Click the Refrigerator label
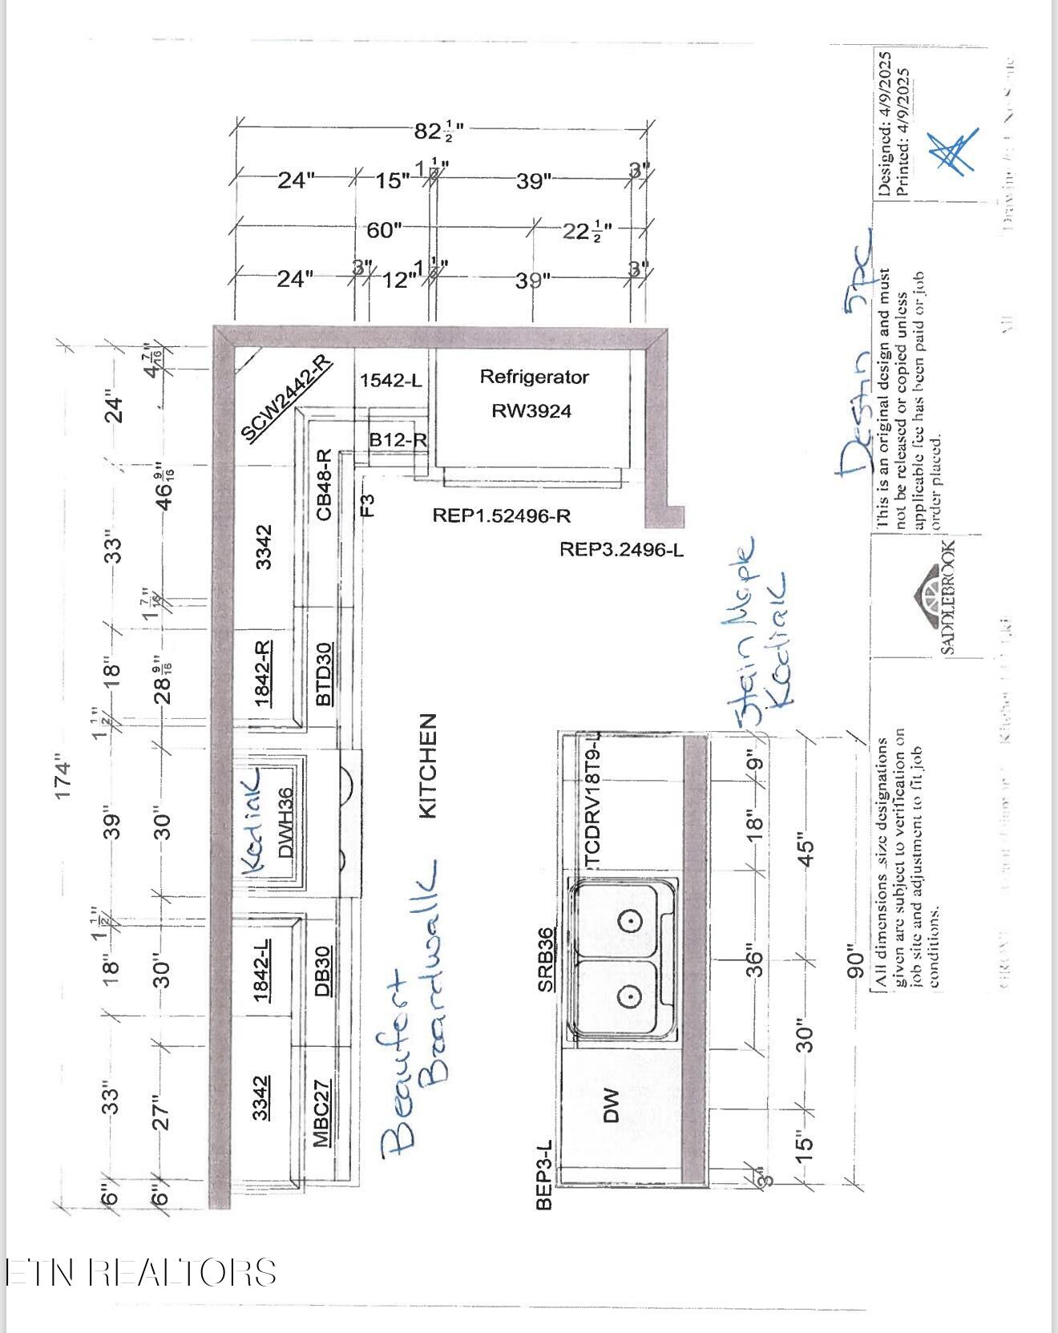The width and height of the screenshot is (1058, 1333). coord(534,377)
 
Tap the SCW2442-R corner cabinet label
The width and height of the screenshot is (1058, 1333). coord(285,398)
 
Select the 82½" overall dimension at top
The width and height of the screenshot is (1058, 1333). coord(438,130)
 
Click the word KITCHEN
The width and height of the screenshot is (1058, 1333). coord(428,766)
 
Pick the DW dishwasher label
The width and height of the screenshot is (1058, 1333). coord(612,1105)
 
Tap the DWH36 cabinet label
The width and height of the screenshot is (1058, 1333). coord(285,822)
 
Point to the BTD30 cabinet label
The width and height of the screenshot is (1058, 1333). coord(324,674)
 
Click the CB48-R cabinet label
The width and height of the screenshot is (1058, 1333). coord(324,484)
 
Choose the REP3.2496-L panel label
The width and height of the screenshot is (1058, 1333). coord(621,550)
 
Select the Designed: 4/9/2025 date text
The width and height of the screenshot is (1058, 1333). coord(884,124)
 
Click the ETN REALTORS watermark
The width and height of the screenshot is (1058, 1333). coord(141,1272)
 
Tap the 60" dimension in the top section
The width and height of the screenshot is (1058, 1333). coord(384,231)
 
